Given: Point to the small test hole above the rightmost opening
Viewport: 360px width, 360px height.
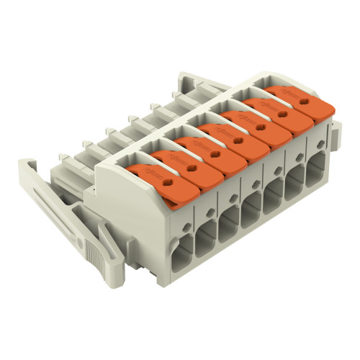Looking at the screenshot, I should tap(317, 146).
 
